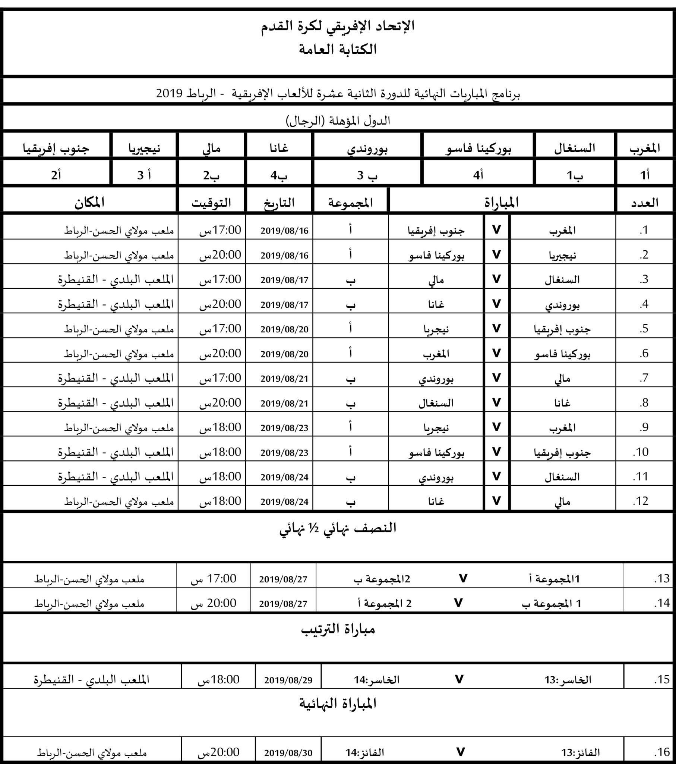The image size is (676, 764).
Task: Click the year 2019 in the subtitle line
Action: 169,93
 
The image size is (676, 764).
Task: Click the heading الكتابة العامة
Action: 338,50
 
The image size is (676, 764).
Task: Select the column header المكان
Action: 89,203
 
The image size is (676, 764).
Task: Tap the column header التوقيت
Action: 211,203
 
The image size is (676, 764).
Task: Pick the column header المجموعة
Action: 350,203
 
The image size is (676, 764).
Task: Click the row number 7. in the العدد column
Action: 644,378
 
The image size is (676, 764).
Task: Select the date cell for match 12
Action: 284,502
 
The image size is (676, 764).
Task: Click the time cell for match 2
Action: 220,255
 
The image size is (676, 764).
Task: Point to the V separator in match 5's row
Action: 496,328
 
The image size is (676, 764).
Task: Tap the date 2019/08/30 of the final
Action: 288,752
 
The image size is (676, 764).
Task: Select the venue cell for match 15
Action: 92,680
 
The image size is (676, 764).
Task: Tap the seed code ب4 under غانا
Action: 279,175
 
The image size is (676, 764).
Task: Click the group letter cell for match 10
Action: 350,452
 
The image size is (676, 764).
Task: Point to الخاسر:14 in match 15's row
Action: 376,680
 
